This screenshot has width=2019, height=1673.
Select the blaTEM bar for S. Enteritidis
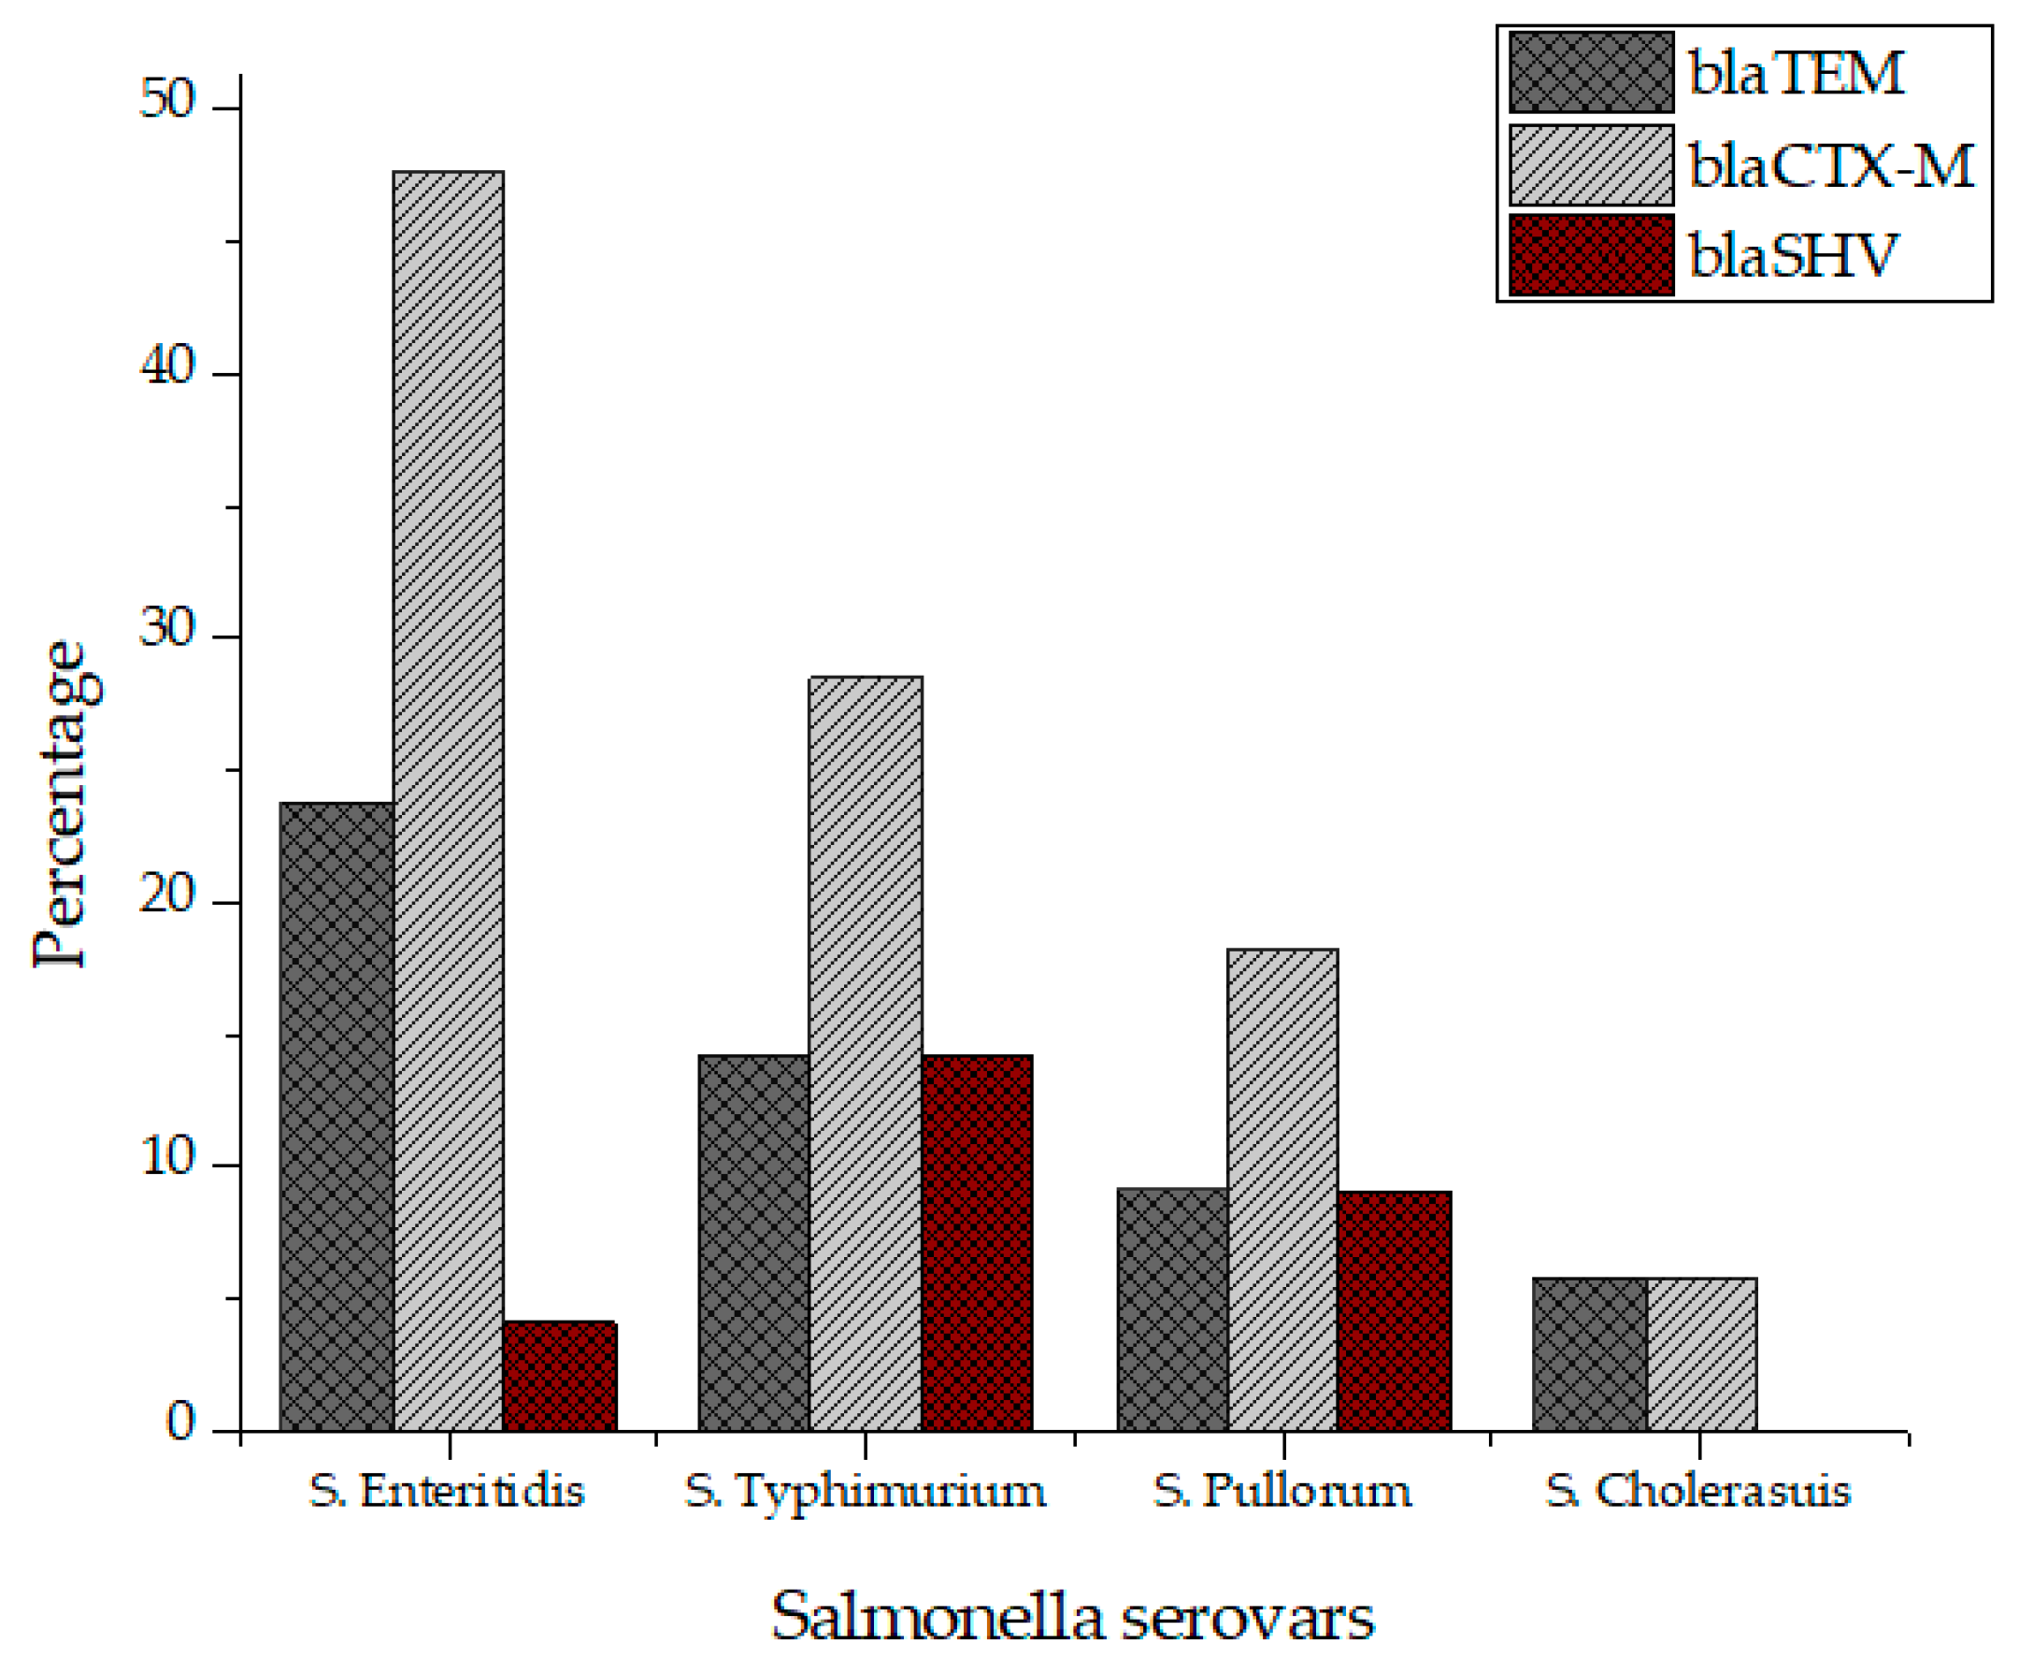(x=336, y=1116)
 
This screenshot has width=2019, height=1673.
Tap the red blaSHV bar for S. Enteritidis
(x=560, y=1376)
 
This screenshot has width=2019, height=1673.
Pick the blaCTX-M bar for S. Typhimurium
(x=866, y=1053)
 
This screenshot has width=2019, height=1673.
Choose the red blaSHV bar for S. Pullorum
(x=1394, y=1310)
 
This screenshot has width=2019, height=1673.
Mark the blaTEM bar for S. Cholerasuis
(x=1589, y=1353)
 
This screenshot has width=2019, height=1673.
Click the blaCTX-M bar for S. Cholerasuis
(x=1701, y=1353)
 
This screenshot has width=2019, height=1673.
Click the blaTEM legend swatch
(x=1591, y=72)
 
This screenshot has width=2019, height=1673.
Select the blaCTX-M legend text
(x=1830, y=165)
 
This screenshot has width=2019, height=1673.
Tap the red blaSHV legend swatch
(x=1591, y=255)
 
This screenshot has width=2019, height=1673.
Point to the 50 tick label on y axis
(x=167, y=99)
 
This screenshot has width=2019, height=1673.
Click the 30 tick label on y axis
(x=167, y=630)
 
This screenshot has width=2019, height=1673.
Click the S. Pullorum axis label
(x=1282, y=1492)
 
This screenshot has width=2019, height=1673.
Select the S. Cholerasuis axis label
(x=1697, y=1492)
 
